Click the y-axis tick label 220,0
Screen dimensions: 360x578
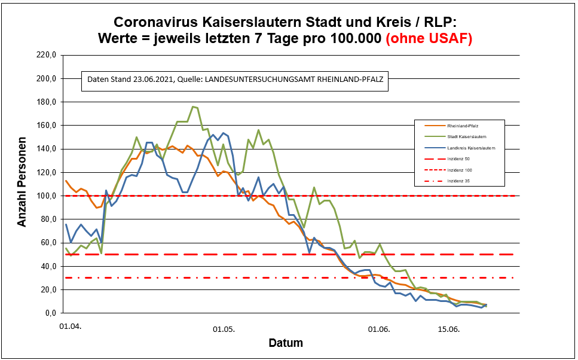point(47,55)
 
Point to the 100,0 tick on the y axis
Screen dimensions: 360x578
point(47,196)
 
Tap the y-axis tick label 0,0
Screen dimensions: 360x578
point(50,313)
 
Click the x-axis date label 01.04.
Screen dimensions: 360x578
point(70,328)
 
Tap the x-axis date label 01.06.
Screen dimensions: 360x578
point(379,328)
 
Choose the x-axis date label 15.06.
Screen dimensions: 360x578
point(449,328)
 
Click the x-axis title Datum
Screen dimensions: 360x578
point(285,343)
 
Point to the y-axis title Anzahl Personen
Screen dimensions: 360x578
point(22,184)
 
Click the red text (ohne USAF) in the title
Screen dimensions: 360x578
point(429,39)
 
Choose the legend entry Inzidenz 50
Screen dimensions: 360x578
point(459,158)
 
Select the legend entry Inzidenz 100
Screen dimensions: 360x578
point(460,169)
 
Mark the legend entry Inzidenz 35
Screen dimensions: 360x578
point(459,181)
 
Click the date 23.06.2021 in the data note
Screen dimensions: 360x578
point(151,80)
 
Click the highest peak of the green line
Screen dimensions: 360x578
point(192,106)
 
